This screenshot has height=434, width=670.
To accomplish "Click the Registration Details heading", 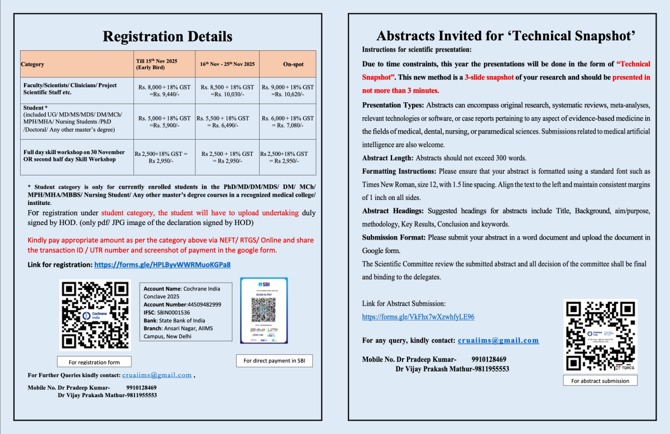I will click(167, 37).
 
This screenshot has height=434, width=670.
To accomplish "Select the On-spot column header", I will click(293, 64).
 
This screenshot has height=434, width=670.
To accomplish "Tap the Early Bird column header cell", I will click(164, 64).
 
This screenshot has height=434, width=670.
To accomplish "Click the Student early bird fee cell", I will click(164, 122).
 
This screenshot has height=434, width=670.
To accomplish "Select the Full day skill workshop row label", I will click(74, 156).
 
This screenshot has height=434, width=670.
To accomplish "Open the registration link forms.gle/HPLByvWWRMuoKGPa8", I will click(162, 264).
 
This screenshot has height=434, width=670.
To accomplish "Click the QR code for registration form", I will click(94, 315).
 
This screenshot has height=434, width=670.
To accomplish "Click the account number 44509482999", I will click(199, 304).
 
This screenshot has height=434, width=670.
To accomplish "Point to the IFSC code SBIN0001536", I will click(175, 312).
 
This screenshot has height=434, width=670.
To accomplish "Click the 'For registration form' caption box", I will click(94, 362).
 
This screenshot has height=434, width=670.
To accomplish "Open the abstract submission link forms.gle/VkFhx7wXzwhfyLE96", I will click(418, 317).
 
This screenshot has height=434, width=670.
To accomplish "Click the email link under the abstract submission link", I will click(498, 340).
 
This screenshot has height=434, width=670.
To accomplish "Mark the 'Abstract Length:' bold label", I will click(387, 158).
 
